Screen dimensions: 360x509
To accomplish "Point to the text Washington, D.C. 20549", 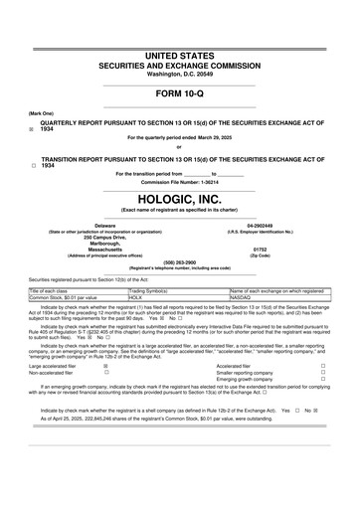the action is pos(180,74).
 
